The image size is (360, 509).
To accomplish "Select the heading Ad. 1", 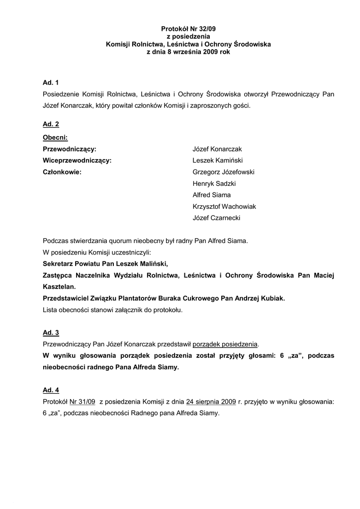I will point(51,82).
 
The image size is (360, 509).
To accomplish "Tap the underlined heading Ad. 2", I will point(51,125).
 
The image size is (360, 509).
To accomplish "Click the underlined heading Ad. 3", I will point(51,332).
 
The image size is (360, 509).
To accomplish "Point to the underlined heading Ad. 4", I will point(51,391).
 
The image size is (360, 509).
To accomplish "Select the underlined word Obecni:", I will point(55,137).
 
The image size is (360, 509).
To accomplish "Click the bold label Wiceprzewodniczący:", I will point(77,161).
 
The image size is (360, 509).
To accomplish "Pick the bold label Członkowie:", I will point(62,172).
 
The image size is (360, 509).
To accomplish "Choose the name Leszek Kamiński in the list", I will point(217,161).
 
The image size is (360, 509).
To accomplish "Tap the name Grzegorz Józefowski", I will point(224,172).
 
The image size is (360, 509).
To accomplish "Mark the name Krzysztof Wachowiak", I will point(224,206).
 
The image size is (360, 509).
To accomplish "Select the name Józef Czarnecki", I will point(217,218).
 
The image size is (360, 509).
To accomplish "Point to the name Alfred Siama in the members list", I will point(211,195).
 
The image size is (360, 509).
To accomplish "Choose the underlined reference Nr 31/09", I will point(83,403).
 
